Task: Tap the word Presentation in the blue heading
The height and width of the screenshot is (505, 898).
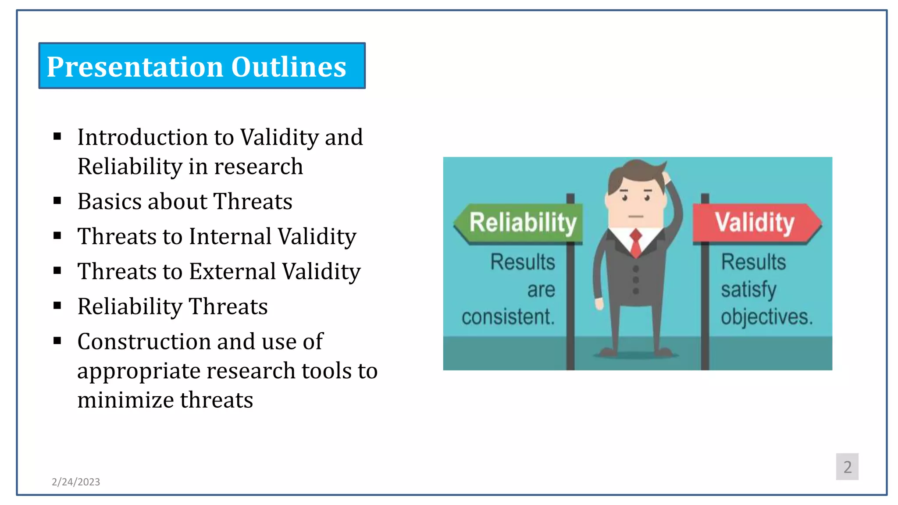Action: (x=135, y=67)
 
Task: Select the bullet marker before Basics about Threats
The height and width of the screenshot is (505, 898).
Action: (x=57, y=201)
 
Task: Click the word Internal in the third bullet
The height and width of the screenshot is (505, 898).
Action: (x=231, y=236)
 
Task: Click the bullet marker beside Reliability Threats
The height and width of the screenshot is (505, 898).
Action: (x=57, y=306)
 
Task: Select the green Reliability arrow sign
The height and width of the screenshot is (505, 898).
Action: (x=520, y=223)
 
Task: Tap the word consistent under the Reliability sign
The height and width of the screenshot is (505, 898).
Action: (x=508, y=317)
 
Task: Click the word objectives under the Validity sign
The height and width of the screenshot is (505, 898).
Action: (x=766, y=317)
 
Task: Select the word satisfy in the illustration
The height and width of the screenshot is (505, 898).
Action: (x=748, y=290)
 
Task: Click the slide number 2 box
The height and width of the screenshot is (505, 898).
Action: (x=847, y=466)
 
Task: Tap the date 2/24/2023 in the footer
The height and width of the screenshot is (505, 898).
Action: (x=76, y=482)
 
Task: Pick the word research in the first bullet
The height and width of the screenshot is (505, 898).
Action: (x=258, y=167)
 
